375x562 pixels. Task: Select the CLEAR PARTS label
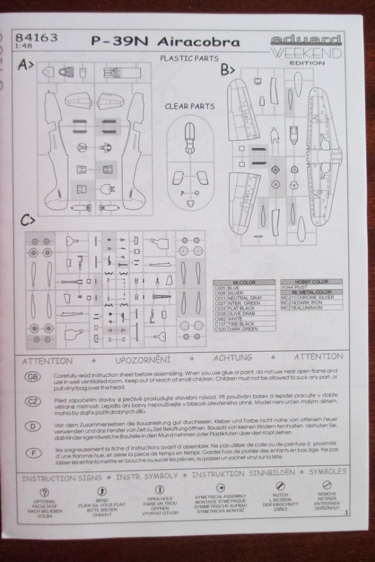[189, 107]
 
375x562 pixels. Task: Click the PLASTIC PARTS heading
[189, 59]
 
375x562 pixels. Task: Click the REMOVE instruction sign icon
[326, 485]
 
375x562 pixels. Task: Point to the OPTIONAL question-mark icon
[44, 492]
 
